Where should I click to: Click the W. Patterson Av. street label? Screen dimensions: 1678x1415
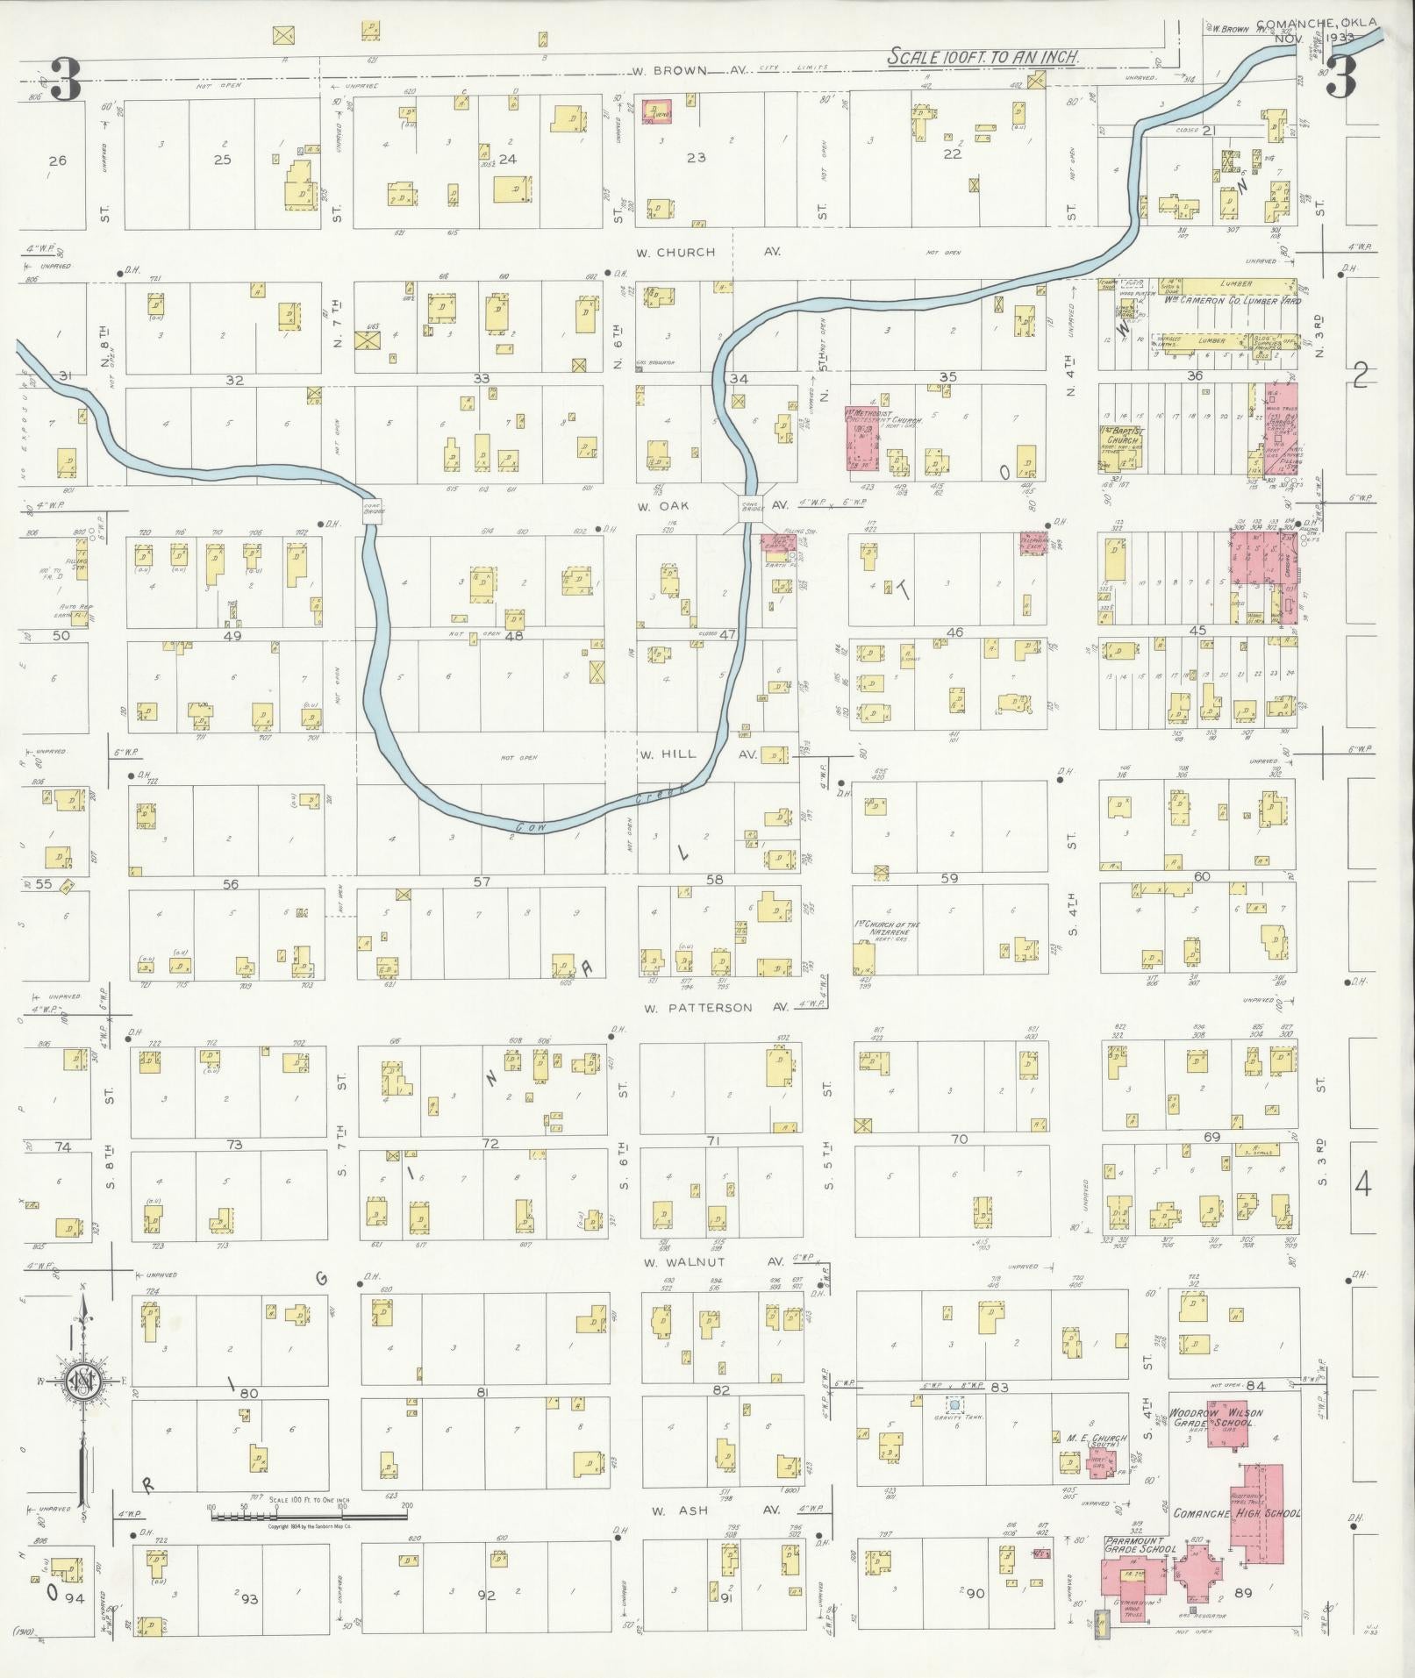[697, 1008]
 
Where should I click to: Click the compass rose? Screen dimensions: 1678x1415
[83, 1383]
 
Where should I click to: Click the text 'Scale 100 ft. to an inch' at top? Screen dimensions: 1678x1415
[983, 57]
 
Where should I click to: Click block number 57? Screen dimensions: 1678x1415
[482, 882]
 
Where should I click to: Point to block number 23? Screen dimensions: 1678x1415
[697, 158]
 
